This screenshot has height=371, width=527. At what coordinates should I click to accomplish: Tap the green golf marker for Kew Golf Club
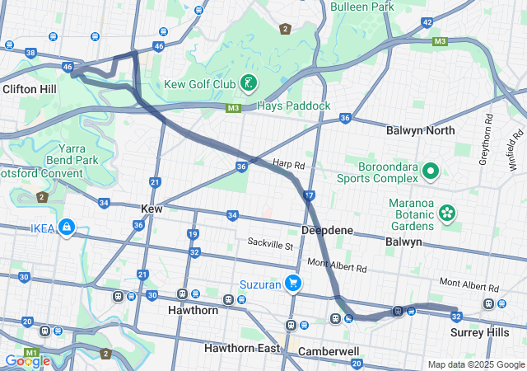[248, 83]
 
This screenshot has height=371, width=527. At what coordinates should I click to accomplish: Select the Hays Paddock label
[294, 106]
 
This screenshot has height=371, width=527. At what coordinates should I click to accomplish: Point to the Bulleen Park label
[362, 7]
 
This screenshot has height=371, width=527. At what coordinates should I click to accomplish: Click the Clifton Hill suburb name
[29, 88]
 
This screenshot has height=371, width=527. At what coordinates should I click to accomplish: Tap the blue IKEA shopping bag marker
[66, 227]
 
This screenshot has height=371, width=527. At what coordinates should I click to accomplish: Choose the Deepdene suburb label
[328, 230]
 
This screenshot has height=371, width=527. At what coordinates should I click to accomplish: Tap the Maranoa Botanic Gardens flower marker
[447, 213]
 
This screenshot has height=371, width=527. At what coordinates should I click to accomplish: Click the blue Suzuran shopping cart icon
[292, 284]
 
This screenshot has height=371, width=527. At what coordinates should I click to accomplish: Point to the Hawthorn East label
[245, 348]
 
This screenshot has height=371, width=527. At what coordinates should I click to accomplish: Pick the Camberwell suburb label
[329, 351]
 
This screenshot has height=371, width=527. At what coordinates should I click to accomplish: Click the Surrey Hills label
[480, 332]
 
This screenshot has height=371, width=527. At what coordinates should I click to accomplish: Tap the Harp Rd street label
[288, 165]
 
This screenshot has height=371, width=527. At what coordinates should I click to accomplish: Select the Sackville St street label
[270, 244]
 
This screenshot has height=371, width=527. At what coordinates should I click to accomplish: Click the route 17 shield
[309, 196]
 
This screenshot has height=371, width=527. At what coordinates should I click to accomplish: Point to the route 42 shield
[427, 22]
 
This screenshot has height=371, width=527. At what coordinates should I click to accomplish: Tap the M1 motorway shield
[32, 353]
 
